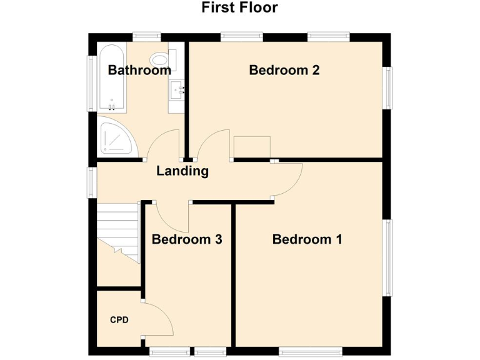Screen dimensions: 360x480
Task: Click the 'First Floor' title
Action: point(239,7)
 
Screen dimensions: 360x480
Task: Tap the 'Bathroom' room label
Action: point(139,70)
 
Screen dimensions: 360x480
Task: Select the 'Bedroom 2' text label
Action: point(284,70)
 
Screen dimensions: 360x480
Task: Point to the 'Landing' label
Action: point(182,171)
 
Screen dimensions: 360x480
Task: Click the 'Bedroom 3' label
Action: point(187,239)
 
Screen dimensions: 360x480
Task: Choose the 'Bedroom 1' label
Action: point(307,239)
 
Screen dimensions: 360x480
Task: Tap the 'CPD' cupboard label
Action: point(119,320)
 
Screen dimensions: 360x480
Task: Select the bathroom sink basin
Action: point(176,91)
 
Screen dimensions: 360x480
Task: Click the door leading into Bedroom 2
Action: point(212,145)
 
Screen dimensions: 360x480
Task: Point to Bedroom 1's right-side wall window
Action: point(388,256)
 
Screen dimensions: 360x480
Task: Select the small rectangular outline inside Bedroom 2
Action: point(252,147)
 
